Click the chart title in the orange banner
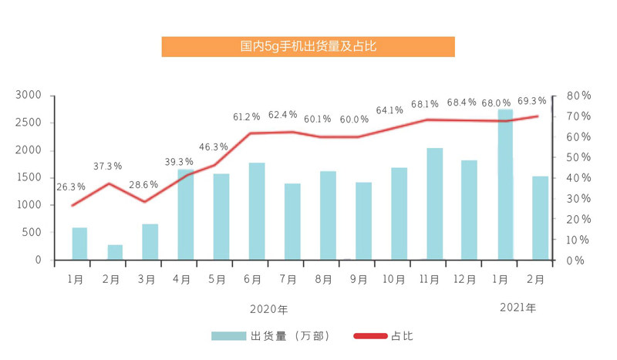point(308,46)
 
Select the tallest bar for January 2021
point(506,185)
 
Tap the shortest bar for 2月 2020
point(115,252)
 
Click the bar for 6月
point(257,211)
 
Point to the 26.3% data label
point(71,187)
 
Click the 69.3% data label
point(532,101)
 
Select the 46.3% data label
point(214,146)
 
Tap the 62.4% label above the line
point(282,115)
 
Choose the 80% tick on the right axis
point(578,96)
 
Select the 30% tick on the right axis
point(578,199)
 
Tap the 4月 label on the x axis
point(183,278)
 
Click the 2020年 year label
point(268,310)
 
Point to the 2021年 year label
point(518,308)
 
